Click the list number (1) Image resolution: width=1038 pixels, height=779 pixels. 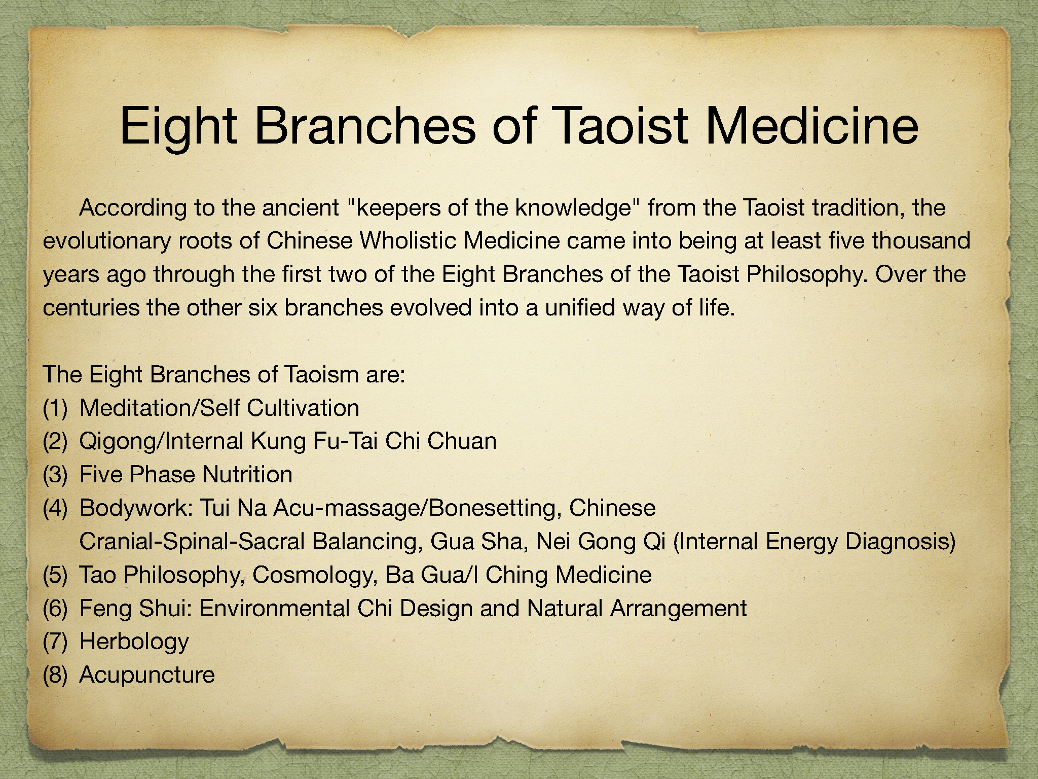[55, 408]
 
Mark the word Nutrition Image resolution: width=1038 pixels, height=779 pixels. [247, 475]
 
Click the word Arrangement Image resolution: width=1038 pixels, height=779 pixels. [679, 609]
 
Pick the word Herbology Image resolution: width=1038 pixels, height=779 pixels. [134, 642]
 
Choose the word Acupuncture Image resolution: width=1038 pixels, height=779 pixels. [147, 676]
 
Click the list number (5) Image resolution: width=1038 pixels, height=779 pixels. [55, 576]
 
